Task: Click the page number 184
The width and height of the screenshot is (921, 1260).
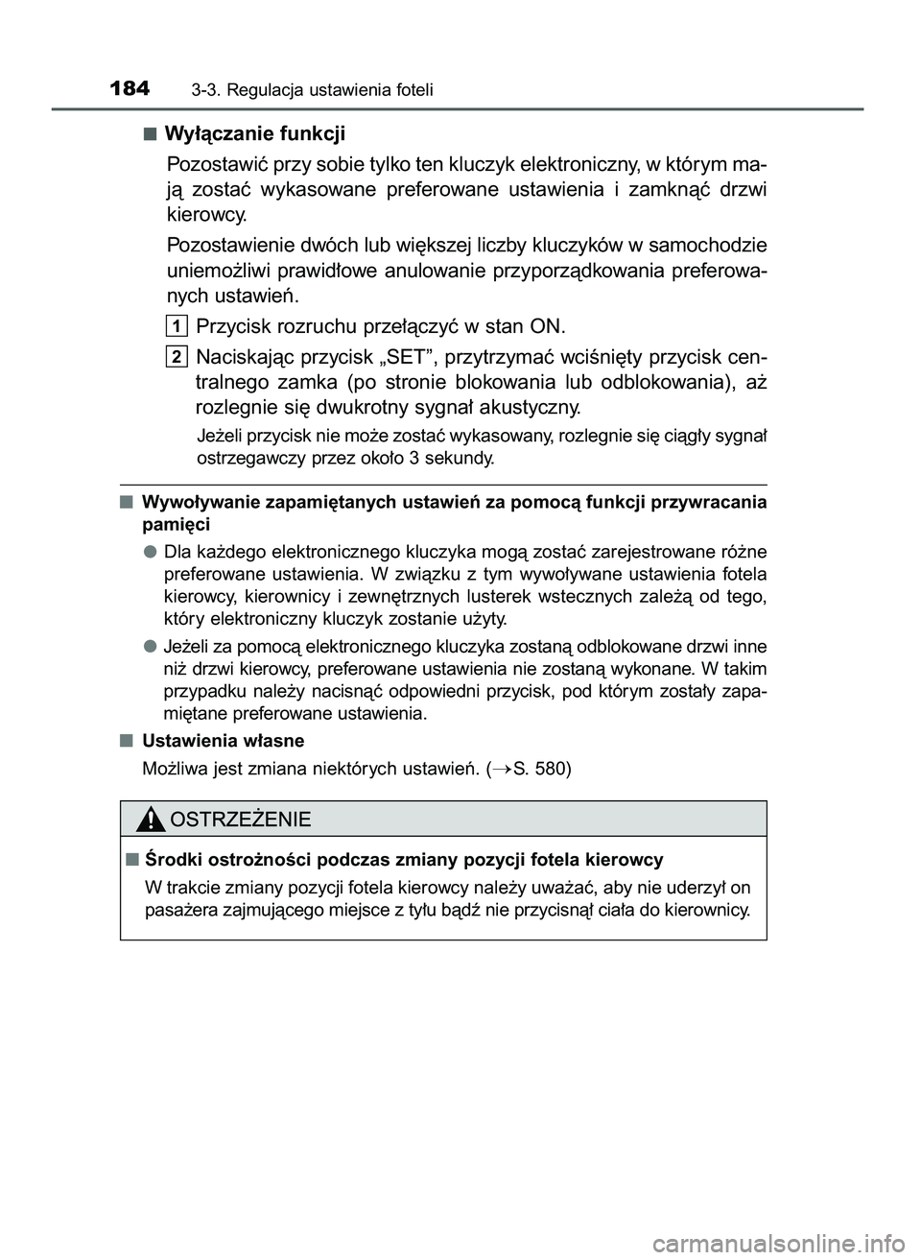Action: point(130,89)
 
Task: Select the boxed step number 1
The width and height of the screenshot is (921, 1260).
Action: point(177,324)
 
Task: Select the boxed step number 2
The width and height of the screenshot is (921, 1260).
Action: point(177,357)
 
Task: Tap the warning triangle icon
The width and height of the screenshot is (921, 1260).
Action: point(150,819)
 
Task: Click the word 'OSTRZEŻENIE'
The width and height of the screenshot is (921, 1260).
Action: point(239,819)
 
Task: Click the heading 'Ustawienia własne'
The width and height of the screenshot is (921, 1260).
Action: point(223,741)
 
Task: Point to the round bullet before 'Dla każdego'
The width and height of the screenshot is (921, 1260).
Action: point(151,552)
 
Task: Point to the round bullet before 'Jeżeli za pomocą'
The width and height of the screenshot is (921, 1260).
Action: point(151,646)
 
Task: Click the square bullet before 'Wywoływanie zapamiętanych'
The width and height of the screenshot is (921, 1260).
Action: point(128,501)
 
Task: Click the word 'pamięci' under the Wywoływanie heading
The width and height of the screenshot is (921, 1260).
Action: point(176,525)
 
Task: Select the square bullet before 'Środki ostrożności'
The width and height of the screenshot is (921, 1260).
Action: point(130,859)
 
